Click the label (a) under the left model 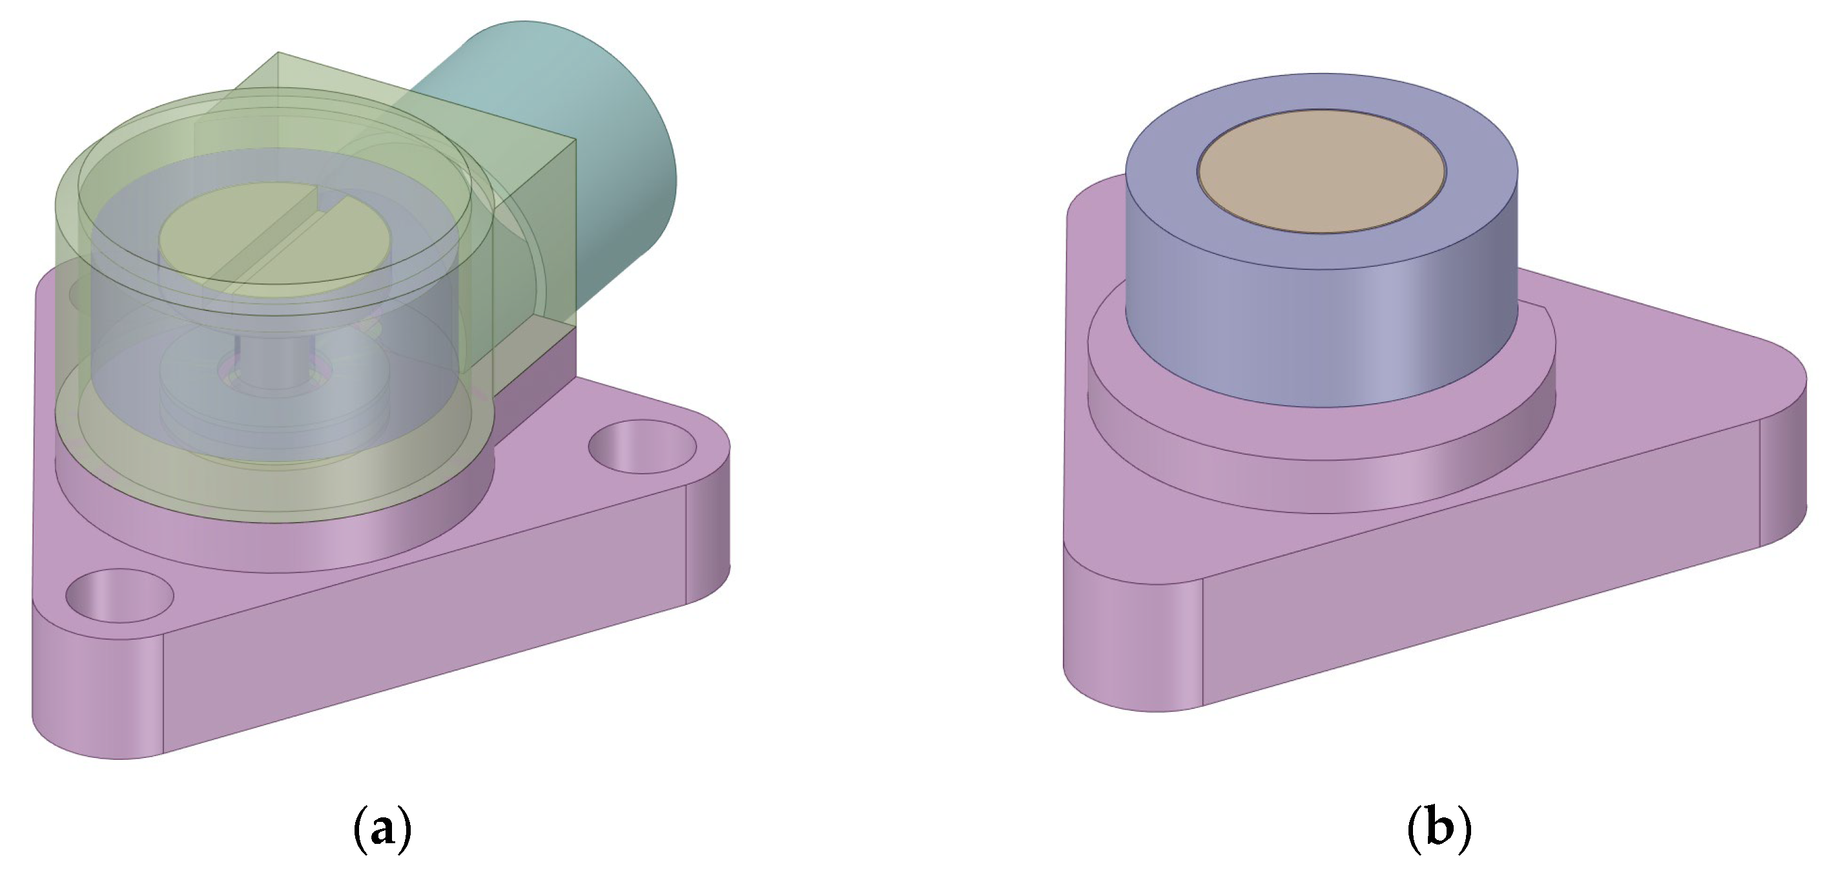tap(382, 828)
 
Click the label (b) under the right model tap(1439, 828)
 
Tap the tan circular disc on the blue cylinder tap(1321, 170)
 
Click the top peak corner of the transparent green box tap(279, 54)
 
